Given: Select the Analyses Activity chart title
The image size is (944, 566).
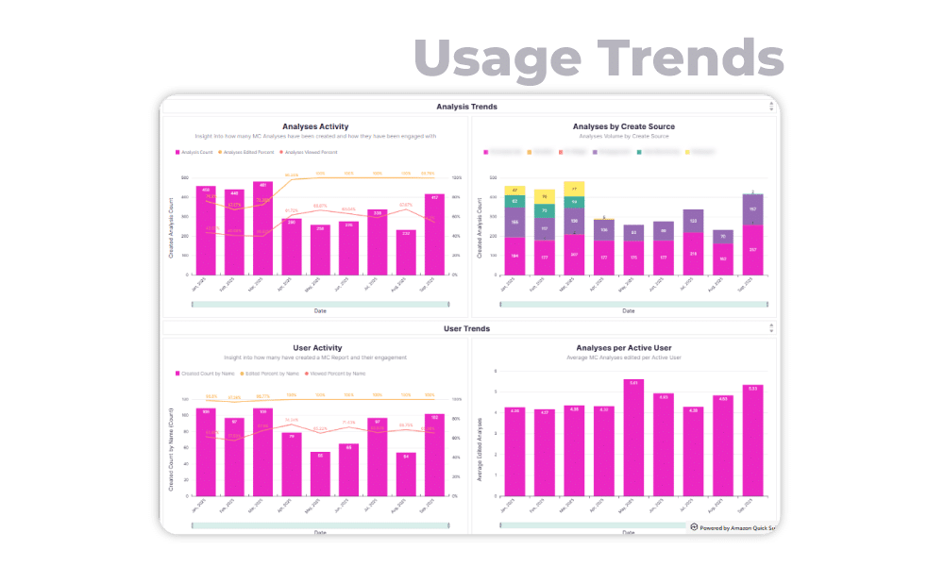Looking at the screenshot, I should pos(315,125).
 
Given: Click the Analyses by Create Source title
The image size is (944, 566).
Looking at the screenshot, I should pos(623,125).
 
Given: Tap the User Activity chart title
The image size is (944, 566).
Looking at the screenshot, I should pos(317,348).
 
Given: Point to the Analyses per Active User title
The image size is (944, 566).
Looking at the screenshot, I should pos(623,348).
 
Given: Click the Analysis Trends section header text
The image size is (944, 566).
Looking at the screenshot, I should pos(466,107).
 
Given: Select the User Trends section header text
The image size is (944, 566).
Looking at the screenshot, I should pos(466,328).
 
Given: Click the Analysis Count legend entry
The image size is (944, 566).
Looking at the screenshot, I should pos(195,151).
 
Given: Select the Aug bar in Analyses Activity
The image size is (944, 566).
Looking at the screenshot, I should pos(406,252).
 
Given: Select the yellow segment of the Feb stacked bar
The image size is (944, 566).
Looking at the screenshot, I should pos(544,196).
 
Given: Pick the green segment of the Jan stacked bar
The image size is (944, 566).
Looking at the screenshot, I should pos(514,201).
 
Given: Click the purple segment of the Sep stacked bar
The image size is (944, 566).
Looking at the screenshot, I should pos(752,209).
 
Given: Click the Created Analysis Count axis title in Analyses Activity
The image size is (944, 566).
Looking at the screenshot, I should pos(172,226).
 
